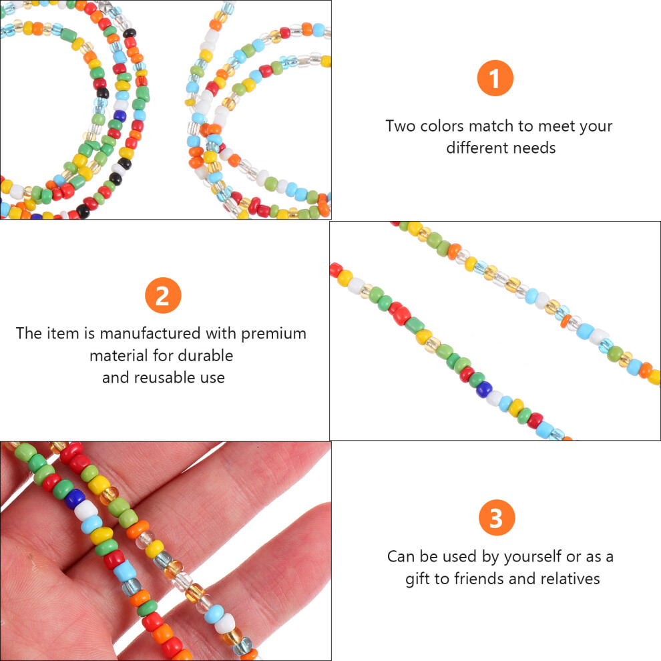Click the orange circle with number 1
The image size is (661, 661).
pyautogui.click(x=495, y=78)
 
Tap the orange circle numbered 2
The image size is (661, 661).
pyautogui.click(x=163, y=295)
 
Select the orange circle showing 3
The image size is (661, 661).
pyautogui.click(x=497, y=517)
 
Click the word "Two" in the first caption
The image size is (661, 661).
pyautogui.click(x=400, y=126)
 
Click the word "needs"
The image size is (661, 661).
pyautogui.click(x=535, y=148)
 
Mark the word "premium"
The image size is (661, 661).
pyautogui.click(x=274, y=334)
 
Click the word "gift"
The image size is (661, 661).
pyautogui.click(x=417, y=579)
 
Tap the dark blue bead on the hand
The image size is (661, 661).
pyautogui.click(x=75, y=498)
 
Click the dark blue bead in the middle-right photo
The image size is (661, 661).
pyautogui.click(x=484, y=389)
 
